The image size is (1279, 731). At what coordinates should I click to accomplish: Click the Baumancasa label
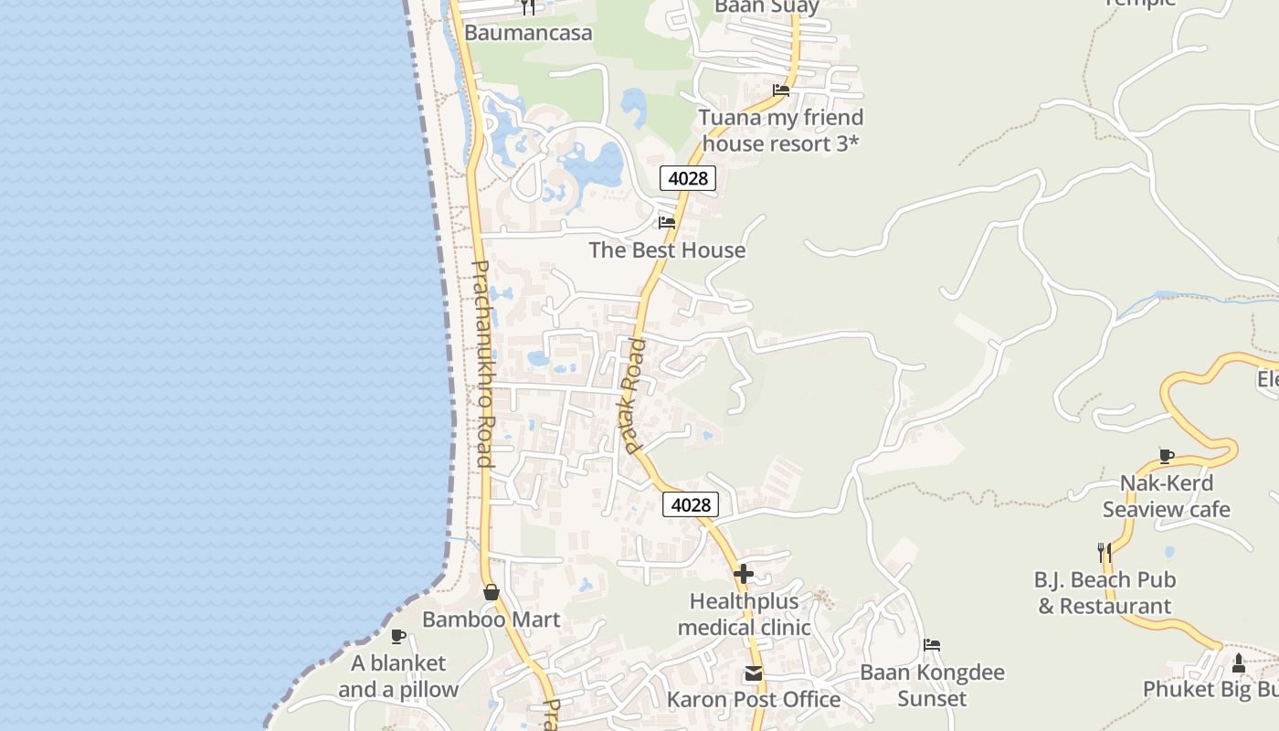point(528,33)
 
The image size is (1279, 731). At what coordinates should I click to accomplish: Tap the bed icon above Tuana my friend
point(781,90)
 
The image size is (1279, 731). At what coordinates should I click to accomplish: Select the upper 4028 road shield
point(688,178)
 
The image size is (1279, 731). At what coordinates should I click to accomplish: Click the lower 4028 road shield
point(691,504)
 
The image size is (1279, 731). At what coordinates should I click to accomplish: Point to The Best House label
point(667,249)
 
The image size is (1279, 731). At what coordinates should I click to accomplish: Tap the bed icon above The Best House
point(667,222)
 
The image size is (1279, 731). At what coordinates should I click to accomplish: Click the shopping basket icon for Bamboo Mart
point(492,592)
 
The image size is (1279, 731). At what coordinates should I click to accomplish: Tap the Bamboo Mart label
point(491,620)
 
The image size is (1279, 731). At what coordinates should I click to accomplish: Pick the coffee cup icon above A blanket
point(398,636)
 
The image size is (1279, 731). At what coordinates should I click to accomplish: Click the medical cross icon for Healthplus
point(744,574)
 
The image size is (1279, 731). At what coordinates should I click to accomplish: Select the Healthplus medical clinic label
point(744,614)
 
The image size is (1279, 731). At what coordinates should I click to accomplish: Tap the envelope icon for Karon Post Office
point(754,673)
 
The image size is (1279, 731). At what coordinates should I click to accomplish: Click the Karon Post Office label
point(754,700)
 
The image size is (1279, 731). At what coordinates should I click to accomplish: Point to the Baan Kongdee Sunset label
point(932,685)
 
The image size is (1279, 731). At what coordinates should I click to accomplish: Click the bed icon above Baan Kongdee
point(932,645)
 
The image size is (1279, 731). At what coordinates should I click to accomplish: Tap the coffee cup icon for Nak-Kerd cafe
point(1167,456)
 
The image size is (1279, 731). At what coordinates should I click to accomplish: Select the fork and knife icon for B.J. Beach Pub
point(1105,552)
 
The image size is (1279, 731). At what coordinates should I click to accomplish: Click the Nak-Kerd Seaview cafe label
point(1167,496)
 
